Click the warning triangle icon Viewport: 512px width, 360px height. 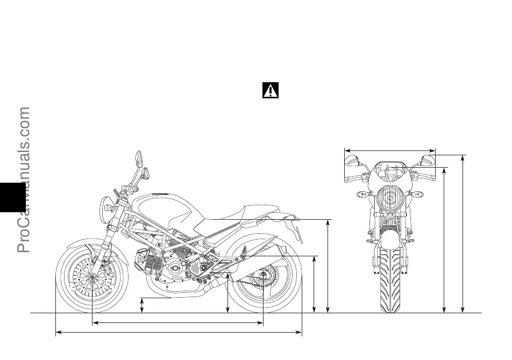[271, 90]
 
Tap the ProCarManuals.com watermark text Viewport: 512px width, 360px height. [24, 180]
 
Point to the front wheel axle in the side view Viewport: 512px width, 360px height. [93, 277]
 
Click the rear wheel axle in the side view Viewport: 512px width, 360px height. [263, 277]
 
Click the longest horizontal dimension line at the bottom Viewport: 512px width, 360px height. [179, 333]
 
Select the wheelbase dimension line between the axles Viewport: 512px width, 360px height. [177, 323]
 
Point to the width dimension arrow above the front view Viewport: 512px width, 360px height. [390, 150]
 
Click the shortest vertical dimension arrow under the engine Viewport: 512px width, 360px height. [142, 305]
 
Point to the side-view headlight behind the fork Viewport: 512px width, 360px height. [107, 206]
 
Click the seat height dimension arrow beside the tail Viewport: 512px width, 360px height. [329, 265]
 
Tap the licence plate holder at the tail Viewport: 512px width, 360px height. [297, 231]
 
